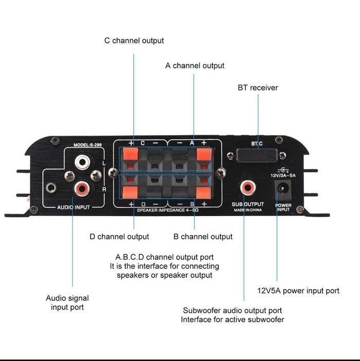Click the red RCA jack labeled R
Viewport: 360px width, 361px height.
(81, 189)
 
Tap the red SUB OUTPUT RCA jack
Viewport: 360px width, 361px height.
(247, 187)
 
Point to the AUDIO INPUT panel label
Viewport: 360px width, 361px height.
(73, 207)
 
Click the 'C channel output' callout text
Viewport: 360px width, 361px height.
(134, 40)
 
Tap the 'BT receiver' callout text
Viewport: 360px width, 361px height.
(258, 88)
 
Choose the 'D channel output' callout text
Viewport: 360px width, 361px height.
(119, 237)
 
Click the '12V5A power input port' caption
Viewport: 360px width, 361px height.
(298, 291)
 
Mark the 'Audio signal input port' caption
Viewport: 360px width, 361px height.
(67, 303)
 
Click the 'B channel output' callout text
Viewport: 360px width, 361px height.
(203, 237)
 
